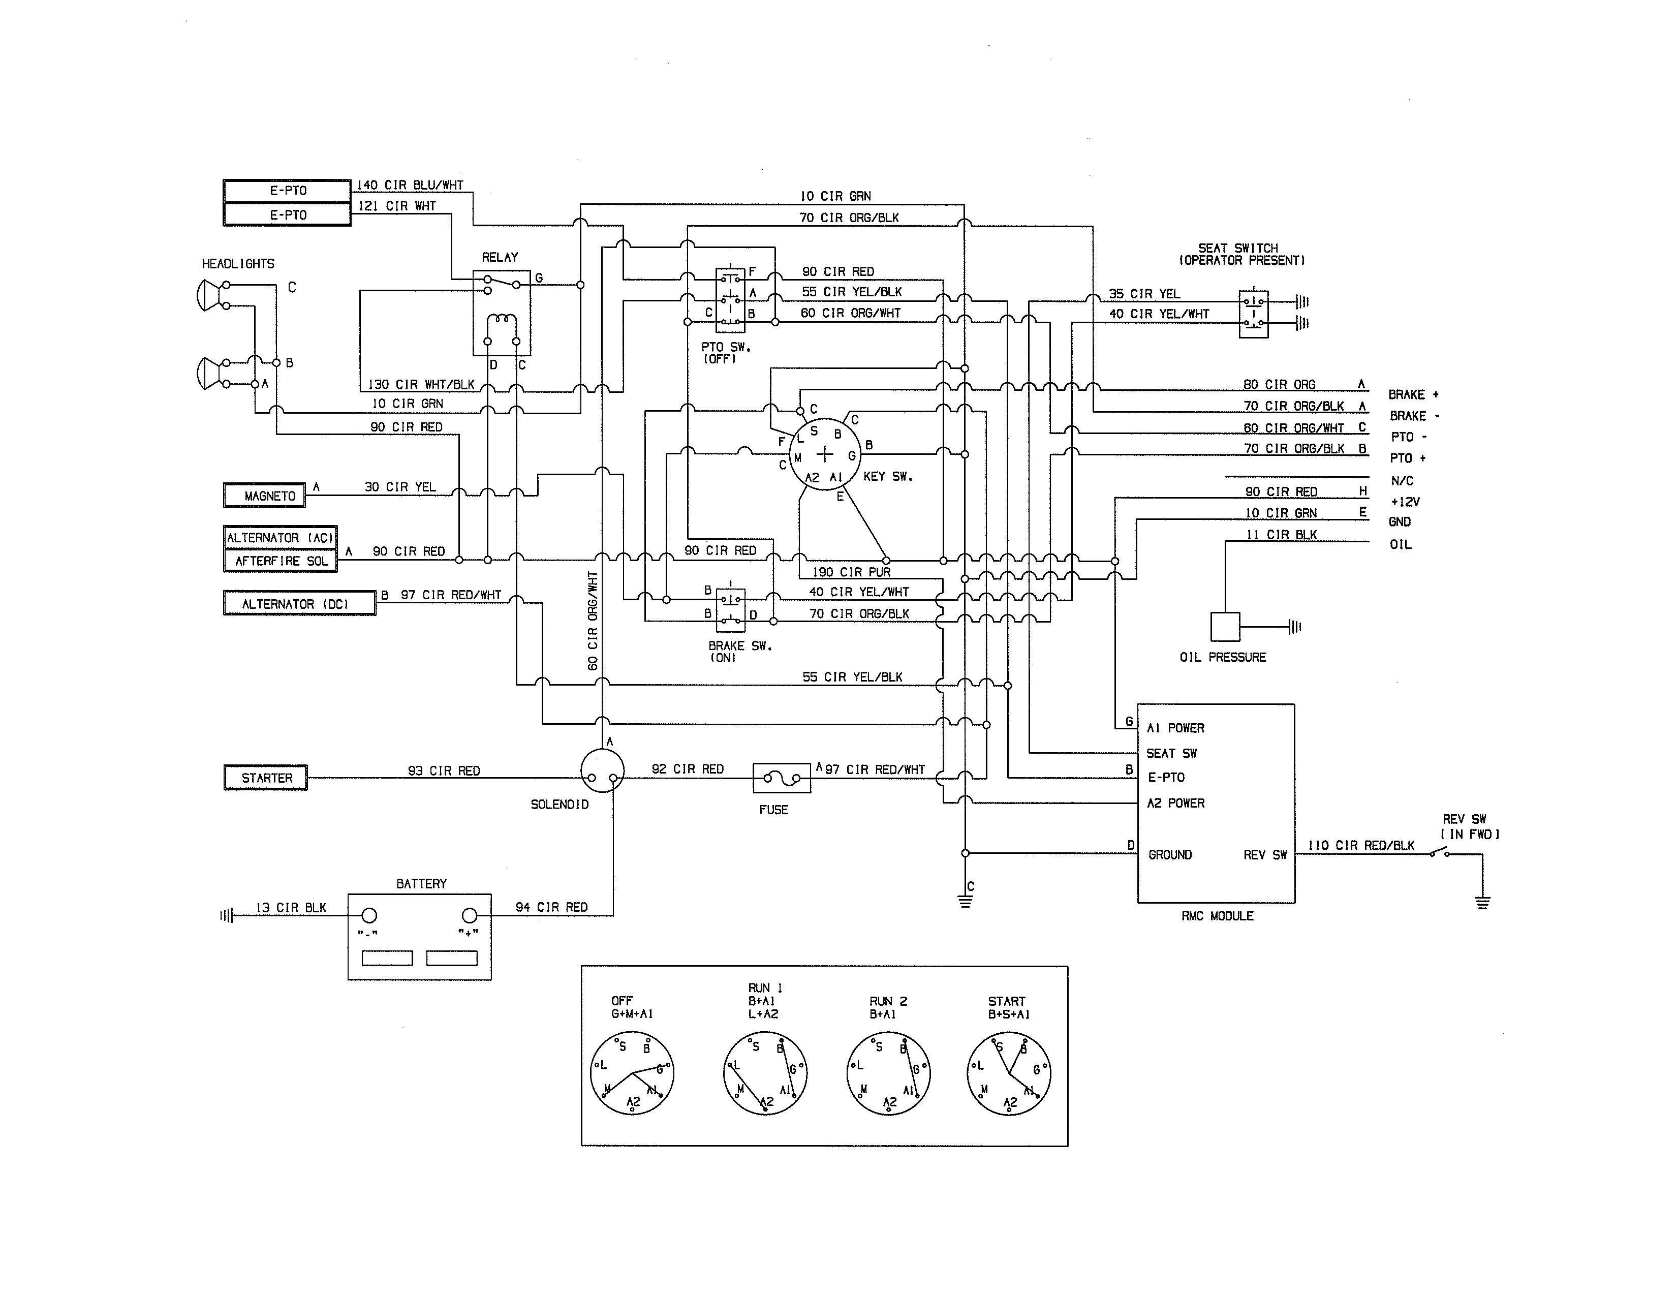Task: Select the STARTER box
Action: [266, 778]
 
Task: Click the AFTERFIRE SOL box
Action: [281, 561]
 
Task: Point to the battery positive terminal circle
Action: [469, 915]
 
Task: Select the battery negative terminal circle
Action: [369, 915]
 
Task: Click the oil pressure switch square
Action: [1225, 627]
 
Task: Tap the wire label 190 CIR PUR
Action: [851, 572]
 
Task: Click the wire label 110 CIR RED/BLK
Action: [1360, 845]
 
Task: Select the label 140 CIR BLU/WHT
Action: [410, 185]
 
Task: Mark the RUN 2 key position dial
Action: [888, 1073]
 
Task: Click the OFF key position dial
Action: [631, 1073]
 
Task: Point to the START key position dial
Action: [1008, 1073]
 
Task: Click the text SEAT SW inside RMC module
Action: [1171, 753]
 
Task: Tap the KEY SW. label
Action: [888, 477]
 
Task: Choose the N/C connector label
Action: [1402, 481]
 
